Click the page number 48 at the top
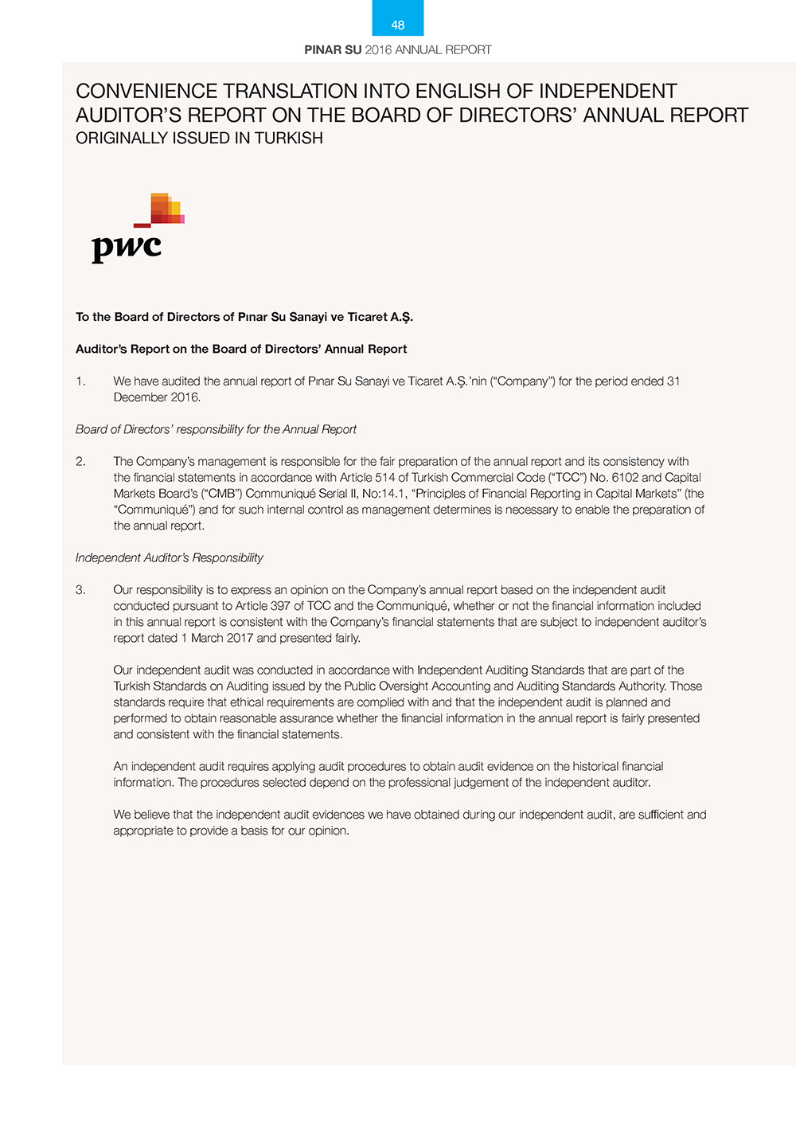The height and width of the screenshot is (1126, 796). point(398,25)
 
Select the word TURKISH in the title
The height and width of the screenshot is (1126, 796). point(289,139)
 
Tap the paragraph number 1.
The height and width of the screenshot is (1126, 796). point(80,381)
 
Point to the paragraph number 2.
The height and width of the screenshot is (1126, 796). point(80,462)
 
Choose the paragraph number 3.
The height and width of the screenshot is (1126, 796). point(80,590)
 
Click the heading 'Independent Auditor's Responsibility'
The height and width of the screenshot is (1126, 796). point(169,558)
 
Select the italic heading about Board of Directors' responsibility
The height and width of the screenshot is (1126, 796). point(216,430)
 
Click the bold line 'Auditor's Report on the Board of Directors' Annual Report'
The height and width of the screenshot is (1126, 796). point(241,350)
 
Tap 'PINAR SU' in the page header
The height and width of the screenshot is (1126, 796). point(333,50)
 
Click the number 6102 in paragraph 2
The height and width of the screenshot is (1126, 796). point(625,478)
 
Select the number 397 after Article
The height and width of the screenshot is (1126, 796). point(280,606)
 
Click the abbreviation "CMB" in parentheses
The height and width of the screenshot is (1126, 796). point(223,494)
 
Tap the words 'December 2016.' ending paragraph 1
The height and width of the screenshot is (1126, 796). point(157,397)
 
